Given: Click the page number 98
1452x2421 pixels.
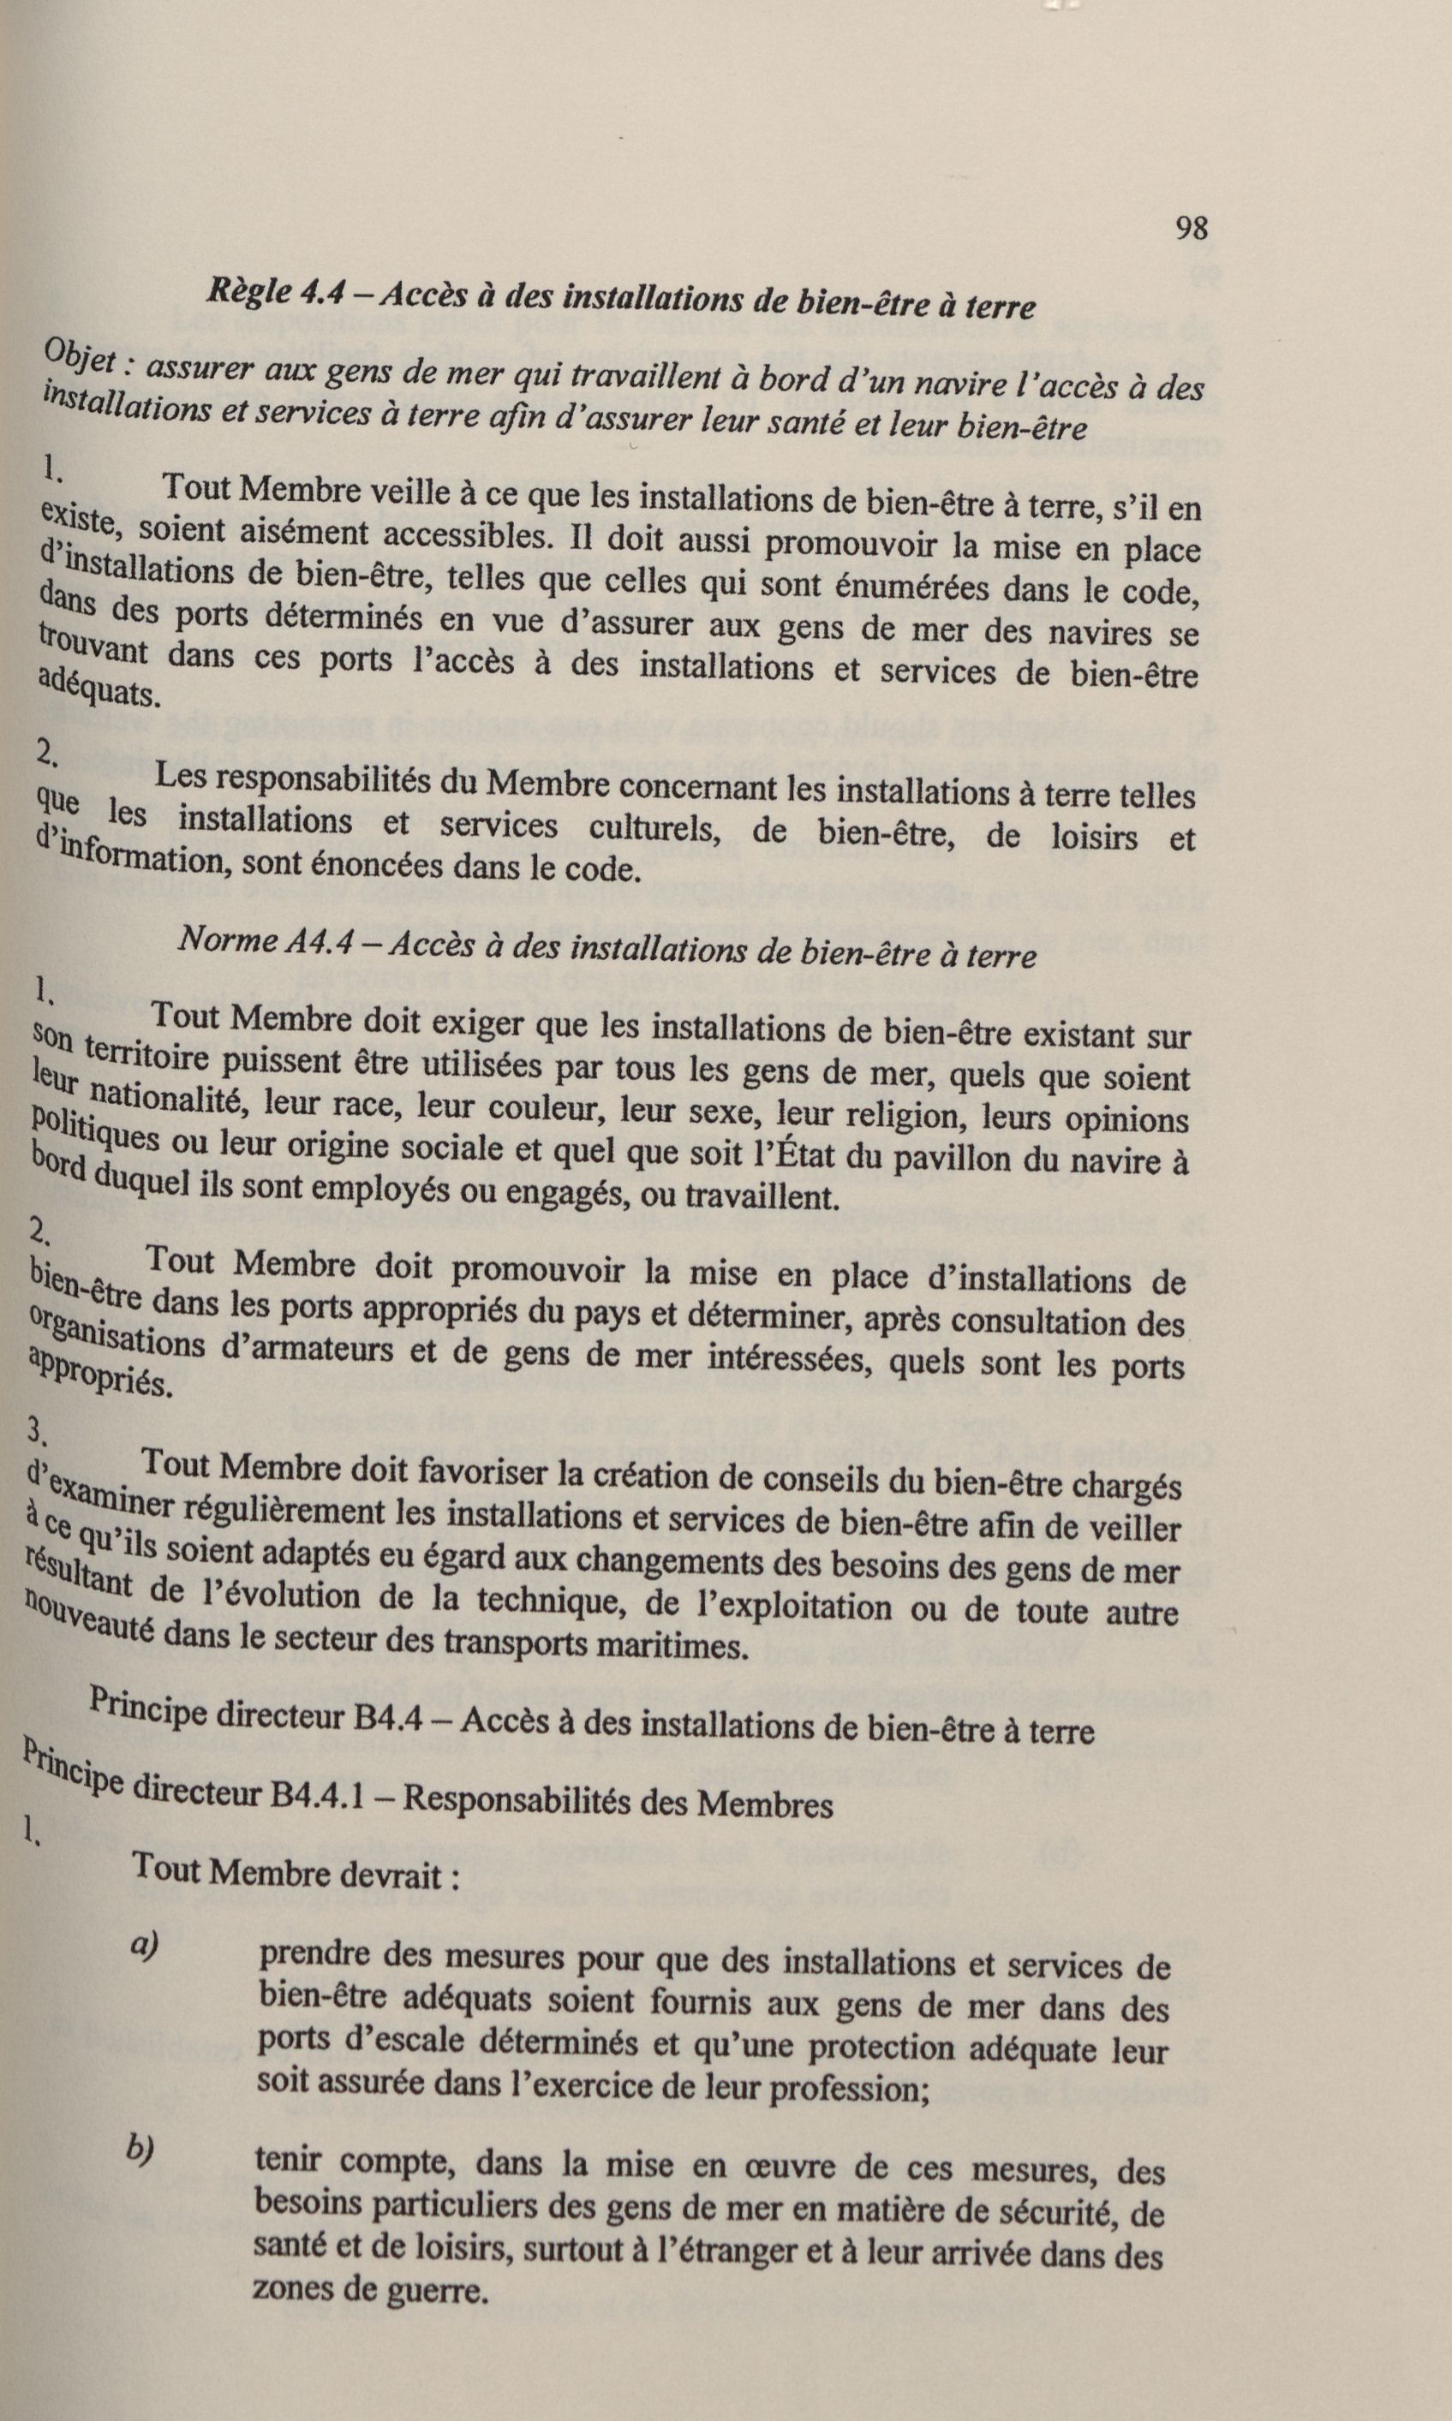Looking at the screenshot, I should pos(1191,229).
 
